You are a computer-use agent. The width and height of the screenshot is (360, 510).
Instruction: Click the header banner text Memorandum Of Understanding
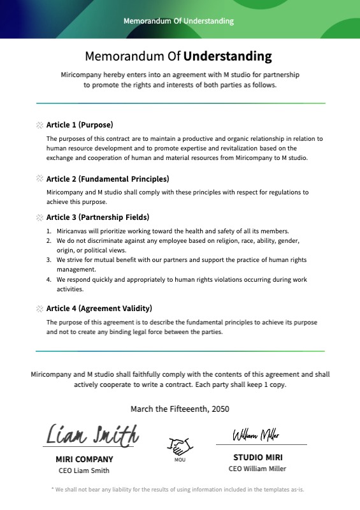click(178, 21)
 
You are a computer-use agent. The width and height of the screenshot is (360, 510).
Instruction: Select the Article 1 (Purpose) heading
click(80, 125)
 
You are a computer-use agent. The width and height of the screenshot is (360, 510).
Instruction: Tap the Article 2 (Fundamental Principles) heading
click(108, 179)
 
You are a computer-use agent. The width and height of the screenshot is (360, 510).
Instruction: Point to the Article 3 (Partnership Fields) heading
click(97, 217)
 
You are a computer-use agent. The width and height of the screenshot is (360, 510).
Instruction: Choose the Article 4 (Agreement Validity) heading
click(99, 309)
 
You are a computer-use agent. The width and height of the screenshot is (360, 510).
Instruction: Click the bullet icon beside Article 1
click(40, 125)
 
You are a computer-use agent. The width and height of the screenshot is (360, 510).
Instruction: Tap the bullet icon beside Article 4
click(40, 309)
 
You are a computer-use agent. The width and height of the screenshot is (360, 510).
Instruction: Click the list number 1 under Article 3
click(50, 231)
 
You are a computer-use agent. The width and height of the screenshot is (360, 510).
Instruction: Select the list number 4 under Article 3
click(50, 279)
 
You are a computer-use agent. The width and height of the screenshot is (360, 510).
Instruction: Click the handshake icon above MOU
click(180, 446)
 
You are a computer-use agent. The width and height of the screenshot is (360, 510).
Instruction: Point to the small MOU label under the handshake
click(180, 459)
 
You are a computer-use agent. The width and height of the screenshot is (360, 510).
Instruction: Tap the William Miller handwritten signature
click(256, 435)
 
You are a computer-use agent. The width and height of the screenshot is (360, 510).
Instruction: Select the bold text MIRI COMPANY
click(84, 459)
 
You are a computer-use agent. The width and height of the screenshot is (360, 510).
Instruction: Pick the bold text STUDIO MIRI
click(257, 457)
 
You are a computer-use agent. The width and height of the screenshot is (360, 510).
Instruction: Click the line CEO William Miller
click(257, 469)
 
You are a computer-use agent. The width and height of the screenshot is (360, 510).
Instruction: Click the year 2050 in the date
click(219, 409)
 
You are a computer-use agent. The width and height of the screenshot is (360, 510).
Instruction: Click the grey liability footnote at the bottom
click(178, 490)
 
